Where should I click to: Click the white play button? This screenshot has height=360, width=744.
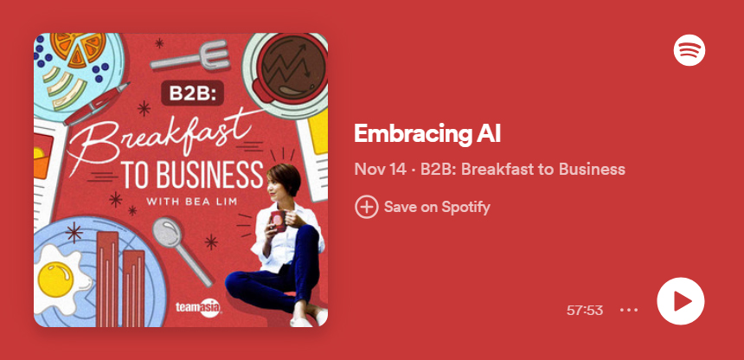(681, 301)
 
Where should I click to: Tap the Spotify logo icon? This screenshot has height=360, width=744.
(689, 50)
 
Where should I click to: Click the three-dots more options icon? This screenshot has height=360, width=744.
(629, 310)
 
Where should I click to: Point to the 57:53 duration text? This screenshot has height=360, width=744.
(585, 310)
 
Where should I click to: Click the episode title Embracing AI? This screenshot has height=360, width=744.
(427, 133)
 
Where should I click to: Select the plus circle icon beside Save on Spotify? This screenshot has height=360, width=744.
(366, 207)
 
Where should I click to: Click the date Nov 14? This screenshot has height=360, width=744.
(380, 169)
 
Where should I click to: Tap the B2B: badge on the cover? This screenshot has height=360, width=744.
(192, 93)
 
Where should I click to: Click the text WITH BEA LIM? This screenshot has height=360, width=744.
(192, 202)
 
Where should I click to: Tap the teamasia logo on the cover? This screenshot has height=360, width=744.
(198, 308)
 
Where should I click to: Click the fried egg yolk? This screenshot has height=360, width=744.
(55, 280)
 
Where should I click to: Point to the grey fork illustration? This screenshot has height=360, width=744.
(189, 56)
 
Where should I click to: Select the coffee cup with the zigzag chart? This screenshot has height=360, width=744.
(285, 72)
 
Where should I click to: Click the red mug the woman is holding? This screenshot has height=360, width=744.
(278, 221)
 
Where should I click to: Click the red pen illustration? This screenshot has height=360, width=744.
(97, 104)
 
